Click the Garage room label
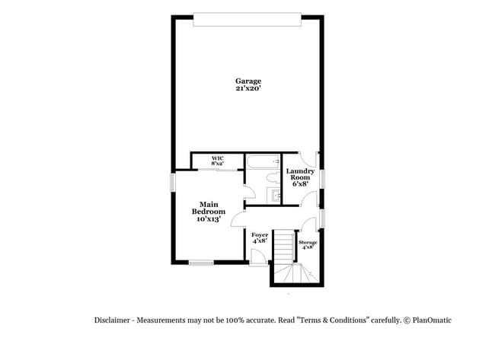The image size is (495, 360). click(247, 81)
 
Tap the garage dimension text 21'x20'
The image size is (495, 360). click(247, 89)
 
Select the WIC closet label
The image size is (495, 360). click(218, 158)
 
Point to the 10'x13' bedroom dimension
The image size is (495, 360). click(209, 218)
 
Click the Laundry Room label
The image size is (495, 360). click(300, 177)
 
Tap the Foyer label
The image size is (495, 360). click(260, 234)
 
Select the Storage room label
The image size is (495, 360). click(308, 242)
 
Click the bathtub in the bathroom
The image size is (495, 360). click(263, 162)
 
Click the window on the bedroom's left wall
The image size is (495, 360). click(172, 182)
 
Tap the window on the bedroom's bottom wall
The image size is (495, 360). click(201, 263)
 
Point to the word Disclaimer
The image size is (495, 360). click(112, 320)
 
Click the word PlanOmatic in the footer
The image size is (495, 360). click(433, 320)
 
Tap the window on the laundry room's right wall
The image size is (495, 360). click(323, 178)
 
